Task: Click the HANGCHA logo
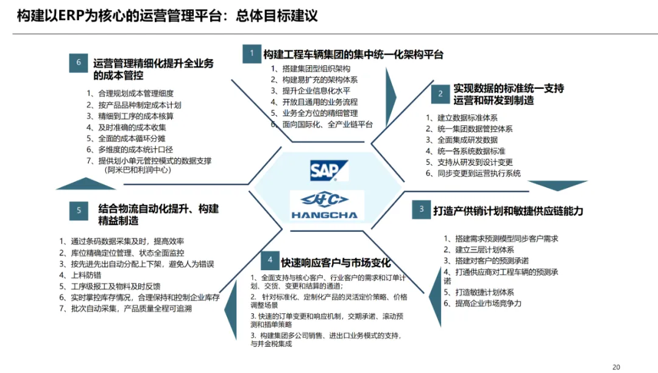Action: [328, 205]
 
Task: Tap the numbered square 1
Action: [252, 54]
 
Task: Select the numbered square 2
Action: [440, 94]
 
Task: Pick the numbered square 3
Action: [420, 209]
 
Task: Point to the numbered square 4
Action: [270, 261]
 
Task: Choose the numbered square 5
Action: [79, 211]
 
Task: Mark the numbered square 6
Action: [79, 63]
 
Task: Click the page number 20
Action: [616, 367]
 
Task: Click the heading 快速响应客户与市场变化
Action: [336, 263]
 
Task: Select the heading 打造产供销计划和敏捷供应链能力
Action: [508, 211]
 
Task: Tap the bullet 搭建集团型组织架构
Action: [315, 69]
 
